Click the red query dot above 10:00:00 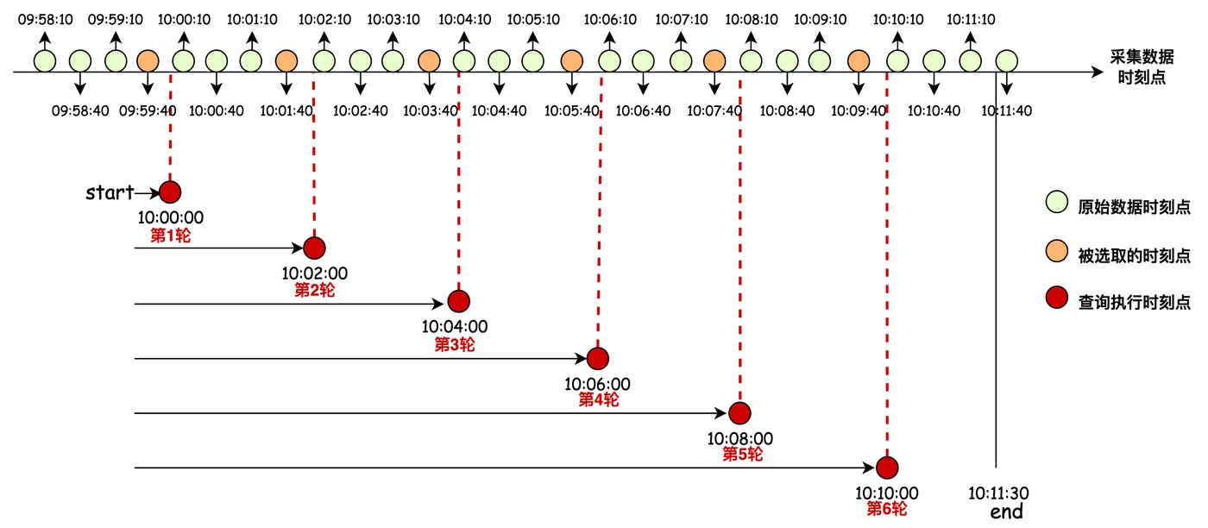click(x=171, y=192)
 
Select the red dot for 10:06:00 click(x=597, y=358)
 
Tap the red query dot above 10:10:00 click(x=887, y=468)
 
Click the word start click(x=110, y=192)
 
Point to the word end click(x=1006, y=512)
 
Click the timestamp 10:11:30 click(x=998, y=493)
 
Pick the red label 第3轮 click(x=454, y=345)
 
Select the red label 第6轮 click(x=887, y=510)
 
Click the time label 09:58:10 click(x=44, y=18)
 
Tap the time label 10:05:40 click(x=570, y=110)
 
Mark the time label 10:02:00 click(x=314, y=273)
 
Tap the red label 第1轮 click(x=171, y=235)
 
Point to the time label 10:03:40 click(x=429, y=110)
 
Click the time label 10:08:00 click(x=740, y=437)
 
